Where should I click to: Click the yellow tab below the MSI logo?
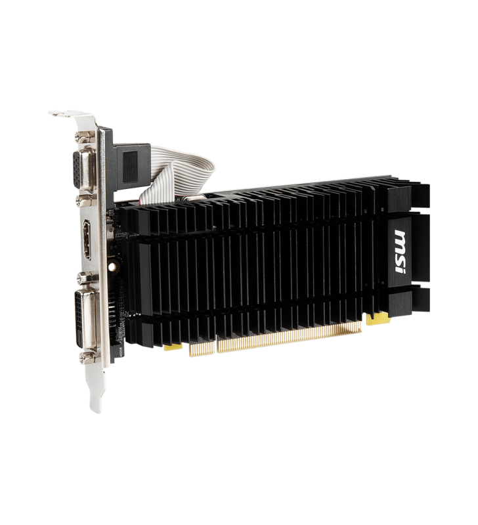point(375,319)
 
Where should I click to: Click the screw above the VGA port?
point(83,137)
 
